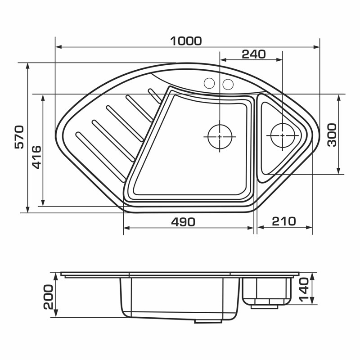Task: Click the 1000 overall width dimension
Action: pyautogui.click(x=186, y=41)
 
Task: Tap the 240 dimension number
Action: pyautogui.click(x=254, y=54)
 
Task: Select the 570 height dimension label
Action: pyautogui.click(x=19, y=137)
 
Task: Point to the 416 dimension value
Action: pyautogui.click(x=36, y=157)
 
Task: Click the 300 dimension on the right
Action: pyautogui.click(x=332, y=135)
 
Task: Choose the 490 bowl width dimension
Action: pyautogui.click(x=183, y=222)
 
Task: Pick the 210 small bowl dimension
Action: pyautogui.click(x=284, y=221)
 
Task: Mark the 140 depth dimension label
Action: pyautogui.click(x=303, y=289)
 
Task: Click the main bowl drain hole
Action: pyautogui.click(x=220, y=137)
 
